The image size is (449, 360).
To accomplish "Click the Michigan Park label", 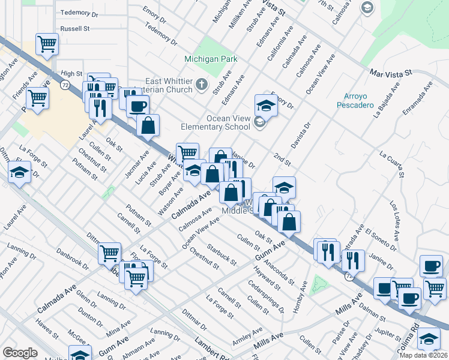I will click(x=211, y=59).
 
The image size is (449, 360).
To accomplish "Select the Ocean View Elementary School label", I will click(x=228, y=122).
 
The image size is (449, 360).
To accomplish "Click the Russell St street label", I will click(x=74, y=28).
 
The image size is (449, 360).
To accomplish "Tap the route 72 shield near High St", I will click(x=64, y=86).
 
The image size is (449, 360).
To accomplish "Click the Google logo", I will click(x=20, y=352).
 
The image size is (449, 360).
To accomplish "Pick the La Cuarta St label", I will click(x=394, y=162).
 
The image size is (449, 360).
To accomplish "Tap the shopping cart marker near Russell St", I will click(x=47, y=43).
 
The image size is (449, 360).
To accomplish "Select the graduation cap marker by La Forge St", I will click(x=20, y=173).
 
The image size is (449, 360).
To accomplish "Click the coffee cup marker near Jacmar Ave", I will click(x=138, y=106).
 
